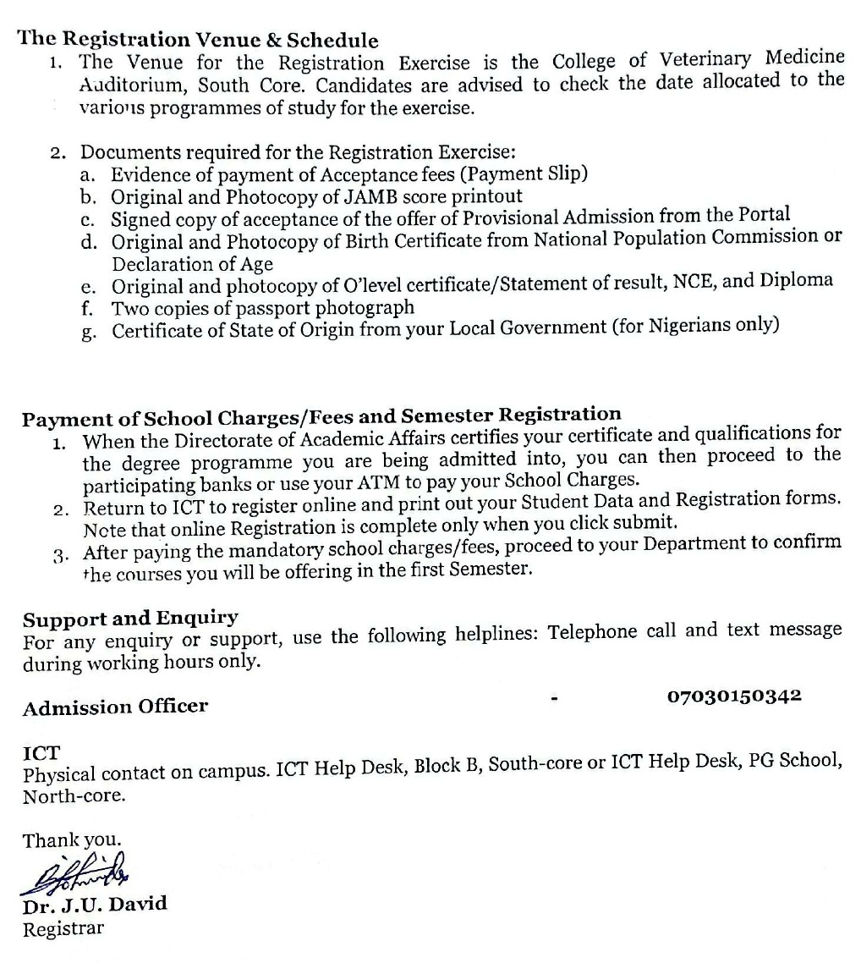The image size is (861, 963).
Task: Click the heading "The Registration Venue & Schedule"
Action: (x=200, y=40)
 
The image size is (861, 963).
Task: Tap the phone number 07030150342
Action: (x=734, y=696)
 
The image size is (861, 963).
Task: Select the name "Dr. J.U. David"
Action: (x=95, y=903)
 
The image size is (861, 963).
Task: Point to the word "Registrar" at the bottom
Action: (x=63, y=928)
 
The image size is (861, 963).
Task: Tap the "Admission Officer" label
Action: (x=115, y=707)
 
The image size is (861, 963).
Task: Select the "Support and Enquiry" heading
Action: (x=130, y=618)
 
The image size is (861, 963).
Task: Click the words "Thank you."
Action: (x=72, y=840)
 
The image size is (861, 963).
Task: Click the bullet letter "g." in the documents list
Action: (x=88, y=331)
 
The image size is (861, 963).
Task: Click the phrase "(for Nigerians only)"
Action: (x=695, y=326)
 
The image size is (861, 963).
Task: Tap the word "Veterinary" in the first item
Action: (x=705, y=60)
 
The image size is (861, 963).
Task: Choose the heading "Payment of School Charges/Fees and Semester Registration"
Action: (x=321, y=415)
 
